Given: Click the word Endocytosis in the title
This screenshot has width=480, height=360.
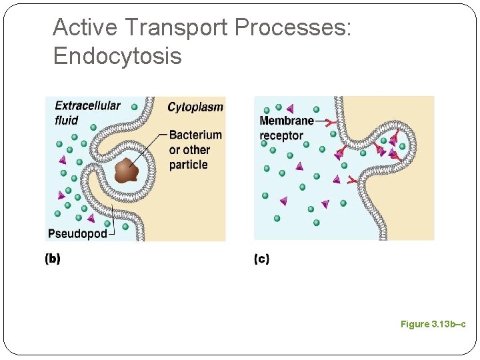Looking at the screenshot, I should [x=117, y=56].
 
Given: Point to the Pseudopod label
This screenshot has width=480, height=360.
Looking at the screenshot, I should [x=77, y=233].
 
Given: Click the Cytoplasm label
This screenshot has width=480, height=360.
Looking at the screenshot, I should [x=195, y=107].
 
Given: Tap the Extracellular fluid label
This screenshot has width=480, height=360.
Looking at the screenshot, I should [x=87, y=113].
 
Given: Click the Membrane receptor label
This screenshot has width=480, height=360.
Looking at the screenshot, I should [x=285, y=128].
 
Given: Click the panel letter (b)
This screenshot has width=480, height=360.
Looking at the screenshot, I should [x=52, y=259].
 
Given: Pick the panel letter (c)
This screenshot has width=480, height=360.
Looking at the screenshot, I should [x=261, y=259].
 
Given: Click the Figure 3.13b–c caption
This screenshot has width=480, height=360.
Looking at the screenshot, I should [x=433, y=324].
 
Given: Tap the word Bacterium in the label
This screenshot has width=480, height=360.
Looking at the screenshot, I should [x=195, y=135].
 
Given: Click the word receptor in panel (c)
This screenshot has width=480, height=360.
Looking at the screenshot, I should [x=281, y=135].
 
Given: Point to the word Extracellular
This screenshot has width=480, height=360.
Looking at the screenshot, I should [x=87, y=105].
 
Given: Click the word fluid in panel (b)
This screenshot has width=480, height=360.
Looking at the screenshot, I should [x=67, y=120].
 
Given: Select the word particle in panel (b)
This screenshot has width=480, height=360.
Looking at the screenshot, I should [x=189, y=165].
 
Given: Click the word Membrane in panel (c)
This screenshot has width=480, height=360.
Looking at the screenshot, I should [x=286, y=121].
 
